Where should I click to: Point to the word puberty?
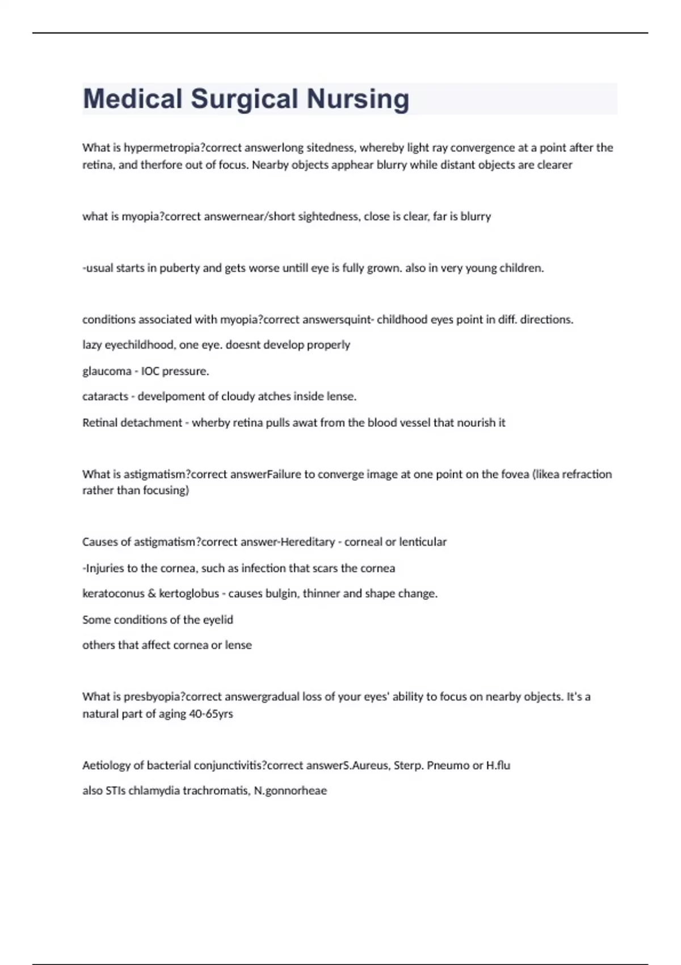(x=179, y=268)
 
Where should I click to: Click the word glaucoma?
(x=107, y=371)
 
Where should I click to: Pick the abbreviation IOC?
(x=150, y=371)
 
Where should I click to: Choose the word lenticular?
(x=423, y=542)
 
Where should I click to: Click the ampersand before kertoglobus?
(x=152, y=594)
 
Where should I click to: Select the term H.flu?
(x=498, y=765)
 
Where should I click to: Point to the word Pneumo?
(x=448, y=765)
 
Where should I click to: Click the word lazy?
(x=92, y=345)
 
